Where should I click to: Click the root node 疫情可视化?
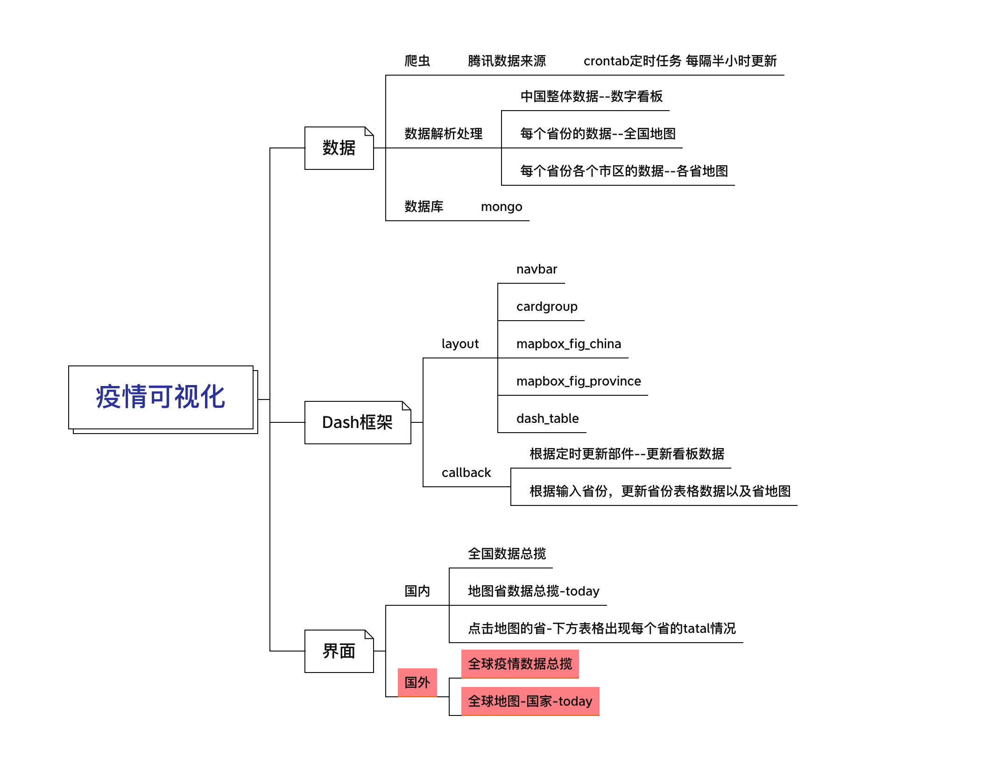click(161, 397)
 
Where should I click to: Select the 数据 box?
click(339, 148)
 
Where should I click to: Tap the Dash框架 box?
click(357, 422)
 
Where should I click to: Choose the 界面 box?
click(339, 651)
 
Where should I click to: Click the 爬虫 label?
click(417, 61)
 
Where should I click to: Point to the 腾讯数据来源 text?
click(507, 61)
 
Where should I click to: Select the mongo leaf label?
click(501, 207)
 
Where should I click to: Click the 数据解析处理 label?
click(443, 134)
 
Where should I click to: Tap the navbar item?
click(537, 269)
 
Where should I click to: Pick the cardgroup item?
click(547, 307)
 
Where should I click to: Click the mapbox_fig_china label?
click(568, 344)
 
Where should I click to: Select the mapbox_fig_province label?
click(579, 381)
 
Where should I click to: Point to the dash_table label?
click(547, 419)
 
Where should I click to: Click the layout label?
click(460, 344)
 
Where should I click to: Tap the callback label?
click(466, 473)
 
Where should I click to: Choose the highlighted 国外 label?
click(417, 682)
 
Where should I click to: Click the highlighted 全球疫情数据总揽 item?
click(520, 664)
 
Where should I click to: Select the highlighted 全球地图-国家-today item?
click(530, 701)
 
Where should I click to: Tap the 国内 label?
click(417, 591)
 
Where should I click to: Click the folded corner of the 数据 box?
click(369, 131)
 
